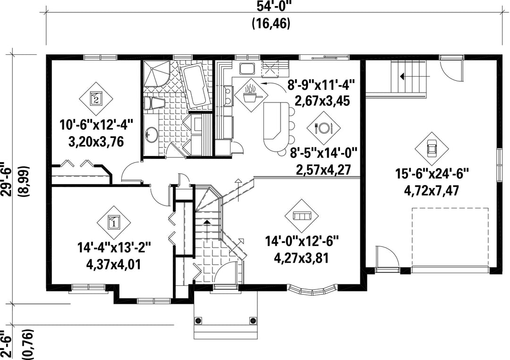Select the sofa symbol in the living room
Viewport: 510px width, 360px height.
coord(301,216)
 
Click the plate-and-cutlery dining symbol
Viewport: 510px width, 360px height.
coord(323,128)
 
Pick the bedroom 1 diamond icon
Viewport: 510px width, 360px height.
coord(114,223)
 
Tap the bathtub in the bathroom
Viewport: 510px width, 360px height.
coord(194,86)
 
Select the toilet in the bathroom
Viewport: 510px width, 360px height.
coord(153,103)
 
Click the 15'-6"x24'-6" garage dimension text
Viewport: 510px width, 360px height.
coord(432,174)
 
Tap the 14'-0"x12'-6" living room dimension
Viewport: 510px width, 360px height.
coord(302,242)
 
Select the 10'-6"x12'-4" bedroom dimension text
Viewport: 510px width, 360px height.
coord(97,125)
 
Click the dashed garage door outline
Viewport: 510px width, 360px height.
coord(450,237)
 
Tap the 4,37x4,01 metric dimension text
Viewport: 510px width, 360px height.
coord(114,264)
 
